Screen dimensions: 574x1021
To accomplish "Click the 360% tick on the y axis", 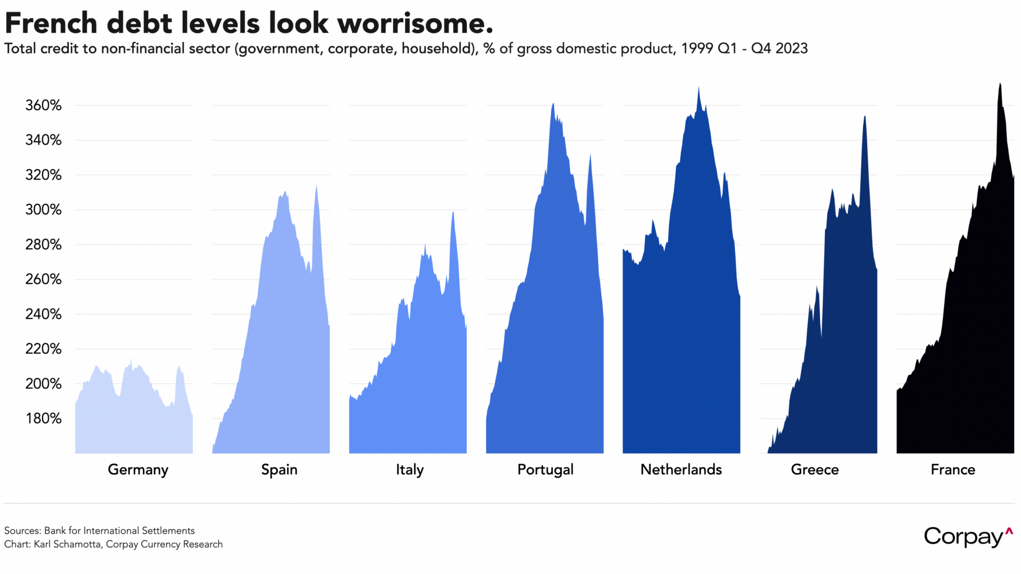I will [x=43, y=106].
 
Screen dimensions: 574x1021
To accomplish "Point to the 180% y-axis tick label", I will [x=43, y=418].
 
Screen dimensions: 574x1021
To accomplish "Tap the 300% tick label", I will [x=43, y=210].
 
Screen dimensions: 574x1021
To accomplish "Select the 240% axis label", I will [x=43, y=314].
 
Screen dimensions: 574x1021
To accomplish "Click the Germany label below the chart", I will [x=138, y=470].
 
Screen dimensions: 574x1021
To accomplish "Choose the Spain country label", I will [x=279, y=470].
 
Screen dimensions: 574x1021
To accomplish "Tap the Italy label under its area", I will [x=409, y=470].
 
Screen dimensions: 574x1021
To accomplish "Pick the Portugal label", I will [x=545, y=470].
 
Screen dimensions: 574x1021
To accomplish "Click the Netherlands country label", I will [x=681, y=470].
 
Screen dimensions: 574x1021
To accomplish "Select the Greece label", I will [x=814, y=470].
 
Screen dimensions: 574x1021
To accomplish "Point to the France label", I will [x=953, y=470].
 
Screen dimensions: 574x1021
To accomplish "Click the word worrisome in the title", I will [x=415, y=24].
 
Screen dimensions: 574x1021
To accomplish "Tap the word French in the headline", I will [x=51, y=24].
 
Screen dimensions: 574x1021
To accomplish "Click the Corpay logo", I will [x=967, y=537].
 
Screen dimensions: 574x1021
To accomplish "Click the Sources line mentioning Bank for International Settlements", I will [x=99, y=530].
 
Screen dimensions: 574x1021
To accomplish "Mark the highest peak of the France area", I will [x=1000, y=84].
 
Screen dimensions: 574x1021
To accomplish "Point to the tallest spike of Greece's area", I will [x=864, y=117].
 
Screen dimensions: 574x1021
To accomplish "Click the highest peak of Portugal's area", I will [x=552, y=104].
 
